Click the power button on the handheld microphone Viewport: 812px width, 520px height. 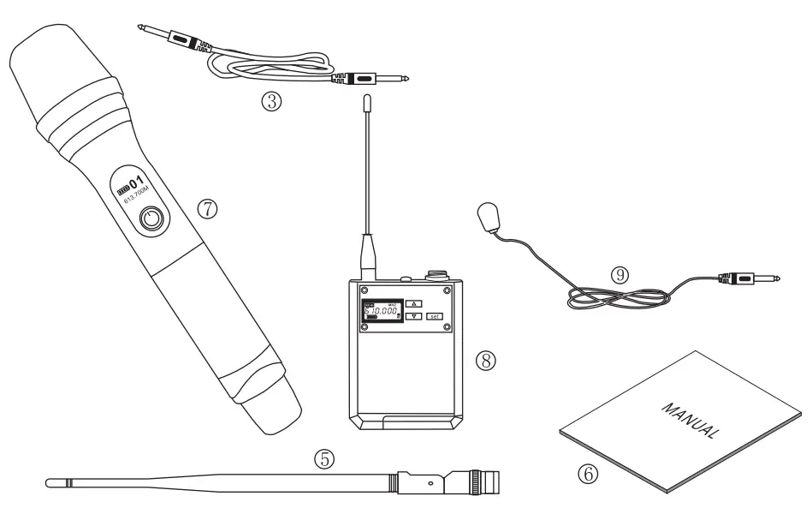(152, 218)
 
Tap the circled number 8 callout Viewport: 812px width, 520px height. (488, 361)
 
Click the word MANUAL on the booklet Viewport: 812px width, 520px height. (688, 418)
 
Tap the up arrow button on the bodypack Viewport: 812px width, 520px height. (413, 303)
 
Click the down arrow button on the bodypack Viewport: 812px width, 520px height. (413, 316)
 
